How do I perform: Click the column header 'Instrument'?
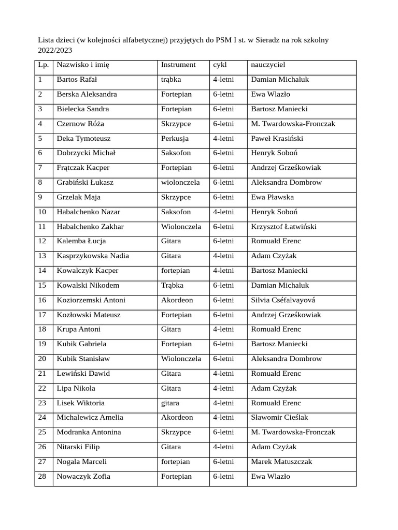(x=178, y=65)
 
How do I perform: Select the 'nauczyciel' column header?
(x=268, y=65)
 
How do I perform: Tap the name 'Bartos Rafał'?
(x=77, y=80)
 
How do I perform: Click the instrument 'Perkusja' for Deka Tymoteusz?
(x=175, y=139)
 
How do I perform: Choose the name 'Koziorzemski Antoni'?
(x=91, y=300)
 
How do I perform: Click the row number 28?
(x=42, y=477)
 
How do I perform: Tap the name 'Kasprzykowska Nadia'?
(x=93, y=256)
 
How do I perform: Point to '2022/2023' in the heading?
(x=55, y=51)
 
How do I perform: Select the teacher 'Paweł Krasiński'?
(x=277, y=139)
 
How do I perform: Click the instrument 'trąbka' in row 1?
(x=171, y=80)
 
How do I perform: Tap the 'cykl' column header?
(x=220, y=65)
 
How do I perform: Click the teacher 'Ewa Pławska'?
(x=272, y=197)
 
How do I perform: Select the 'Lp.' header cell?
(x=42, y=65)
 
